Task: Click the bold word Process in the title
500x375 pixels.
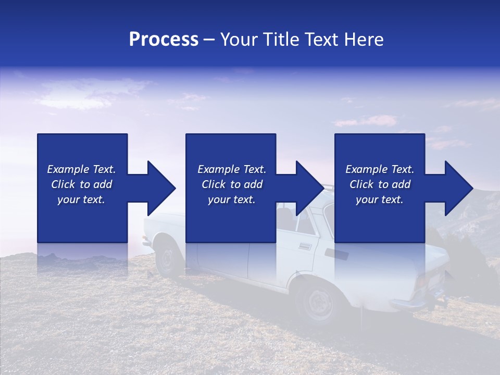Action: [x=164, y=40]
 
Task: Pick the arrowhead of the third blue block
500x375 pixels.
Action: [x=458, y=188]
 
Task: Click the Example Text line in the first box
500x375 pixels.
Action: [x=81, y=169]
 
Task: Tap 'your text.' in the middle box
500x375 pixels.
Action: [x=231, y=199]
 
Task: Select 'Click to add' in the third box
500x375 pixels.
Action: [x=380, y=184]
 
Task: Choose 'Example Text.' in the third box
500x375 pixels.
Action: [x=380, y=169]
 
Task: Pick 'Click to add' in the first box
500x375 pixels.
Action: [x=81, y=184]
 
